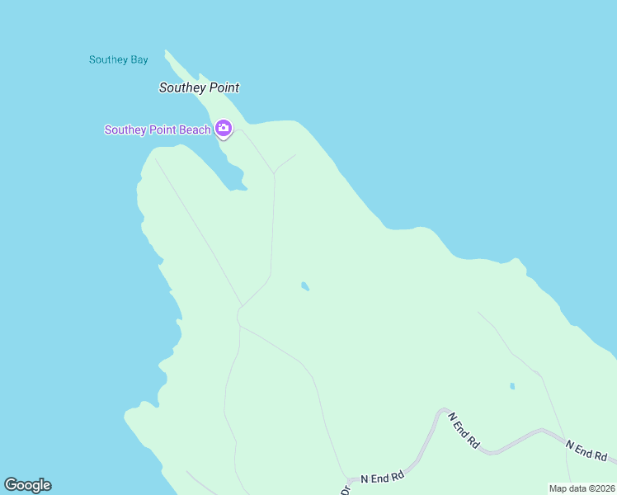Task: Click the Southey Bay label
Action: click(118, 59)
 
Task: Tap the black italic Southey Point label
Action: click(199, 87)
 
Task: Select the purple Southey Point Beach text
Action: click(157, 130)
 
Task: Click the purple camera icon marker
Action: click(223, 128)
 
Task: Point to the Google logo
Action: click(27, 485)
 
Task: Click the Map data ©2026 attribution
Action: click(581, 488)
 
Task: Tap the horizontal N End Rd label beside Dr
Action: click(382, 477)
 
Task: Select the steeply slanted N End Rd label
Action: click(464, 429)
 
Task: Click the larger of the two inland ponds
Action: click(305, 286)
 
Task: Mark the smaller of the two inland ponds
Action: click(512, 385)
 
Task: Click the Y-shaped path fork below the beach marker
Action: click(274, 172)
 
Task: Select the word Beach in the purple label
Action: click(192, 130)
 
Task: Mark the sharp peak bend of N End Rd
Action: click(443, 409)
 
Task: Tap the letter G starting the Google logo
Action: click(10, 485)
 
